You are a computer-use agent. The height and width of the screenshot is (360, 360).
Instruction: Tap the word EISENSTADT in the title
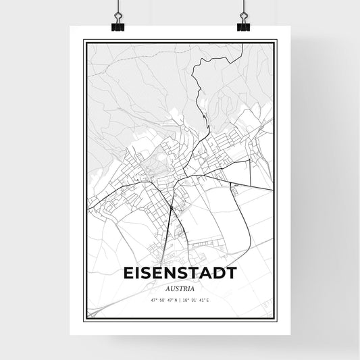click(x=180, y=272)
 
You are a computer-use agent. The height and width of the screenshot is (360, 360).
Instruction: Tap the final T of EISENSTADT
click(x=231, y=272)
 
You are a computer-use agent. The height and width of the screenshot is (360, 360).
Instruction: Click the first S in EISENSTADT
click(x=145, y=272)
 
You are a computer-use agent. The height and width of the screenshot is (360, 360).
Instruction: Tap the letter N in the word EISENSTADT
click(x=172, y=272)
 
